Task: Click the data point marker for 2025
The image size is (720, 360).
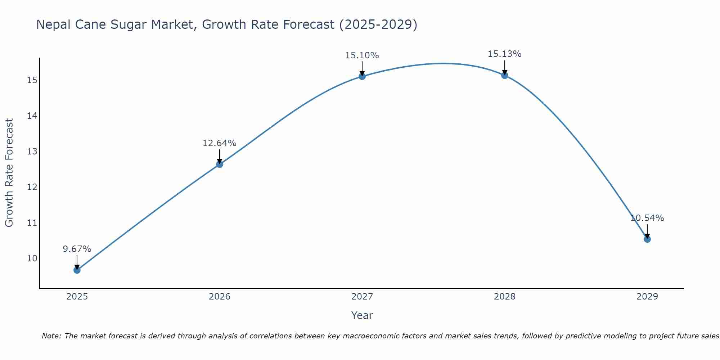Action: (77, 270)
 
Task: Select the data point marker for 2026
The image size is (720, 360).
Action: (220, 164)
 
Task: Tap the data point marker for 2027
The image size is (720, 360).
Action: (362, 76)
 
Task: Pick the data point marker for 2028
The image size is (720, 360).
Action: (505, 75)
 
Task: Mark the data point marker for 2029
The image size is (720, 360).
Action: (647, 239)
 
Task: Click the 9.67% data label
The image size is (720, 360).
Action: (77, 249)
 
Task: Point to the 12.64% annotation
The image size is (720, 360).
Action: (220, 143)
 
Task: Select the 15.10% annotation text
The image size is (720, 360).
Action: (362, 55)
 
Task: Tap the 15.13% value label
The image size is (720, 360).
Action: (505, 54)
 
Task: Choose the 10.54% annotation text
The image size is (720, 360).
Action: (647, 218)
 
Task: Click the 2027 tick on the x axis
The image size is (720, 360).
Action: (362, 297)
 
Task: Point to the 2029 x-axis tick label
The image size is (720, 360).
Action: (647, 297)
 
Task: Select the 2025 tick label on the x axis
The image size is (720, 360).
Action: (77, 297)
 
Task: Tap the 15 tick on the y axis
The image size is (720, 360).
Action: (32, 80)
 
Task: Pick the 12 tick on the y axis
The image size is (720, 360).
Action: (32, 187)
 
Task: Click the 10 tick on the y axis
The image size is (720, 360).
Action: (32, 258)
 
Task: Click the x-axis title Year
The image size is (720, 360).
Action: (362, 315)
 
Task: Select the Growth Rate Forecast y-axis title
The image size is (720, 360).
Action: (9, 173)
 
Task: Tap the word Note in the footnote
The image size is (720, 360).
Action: (50, 336)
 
